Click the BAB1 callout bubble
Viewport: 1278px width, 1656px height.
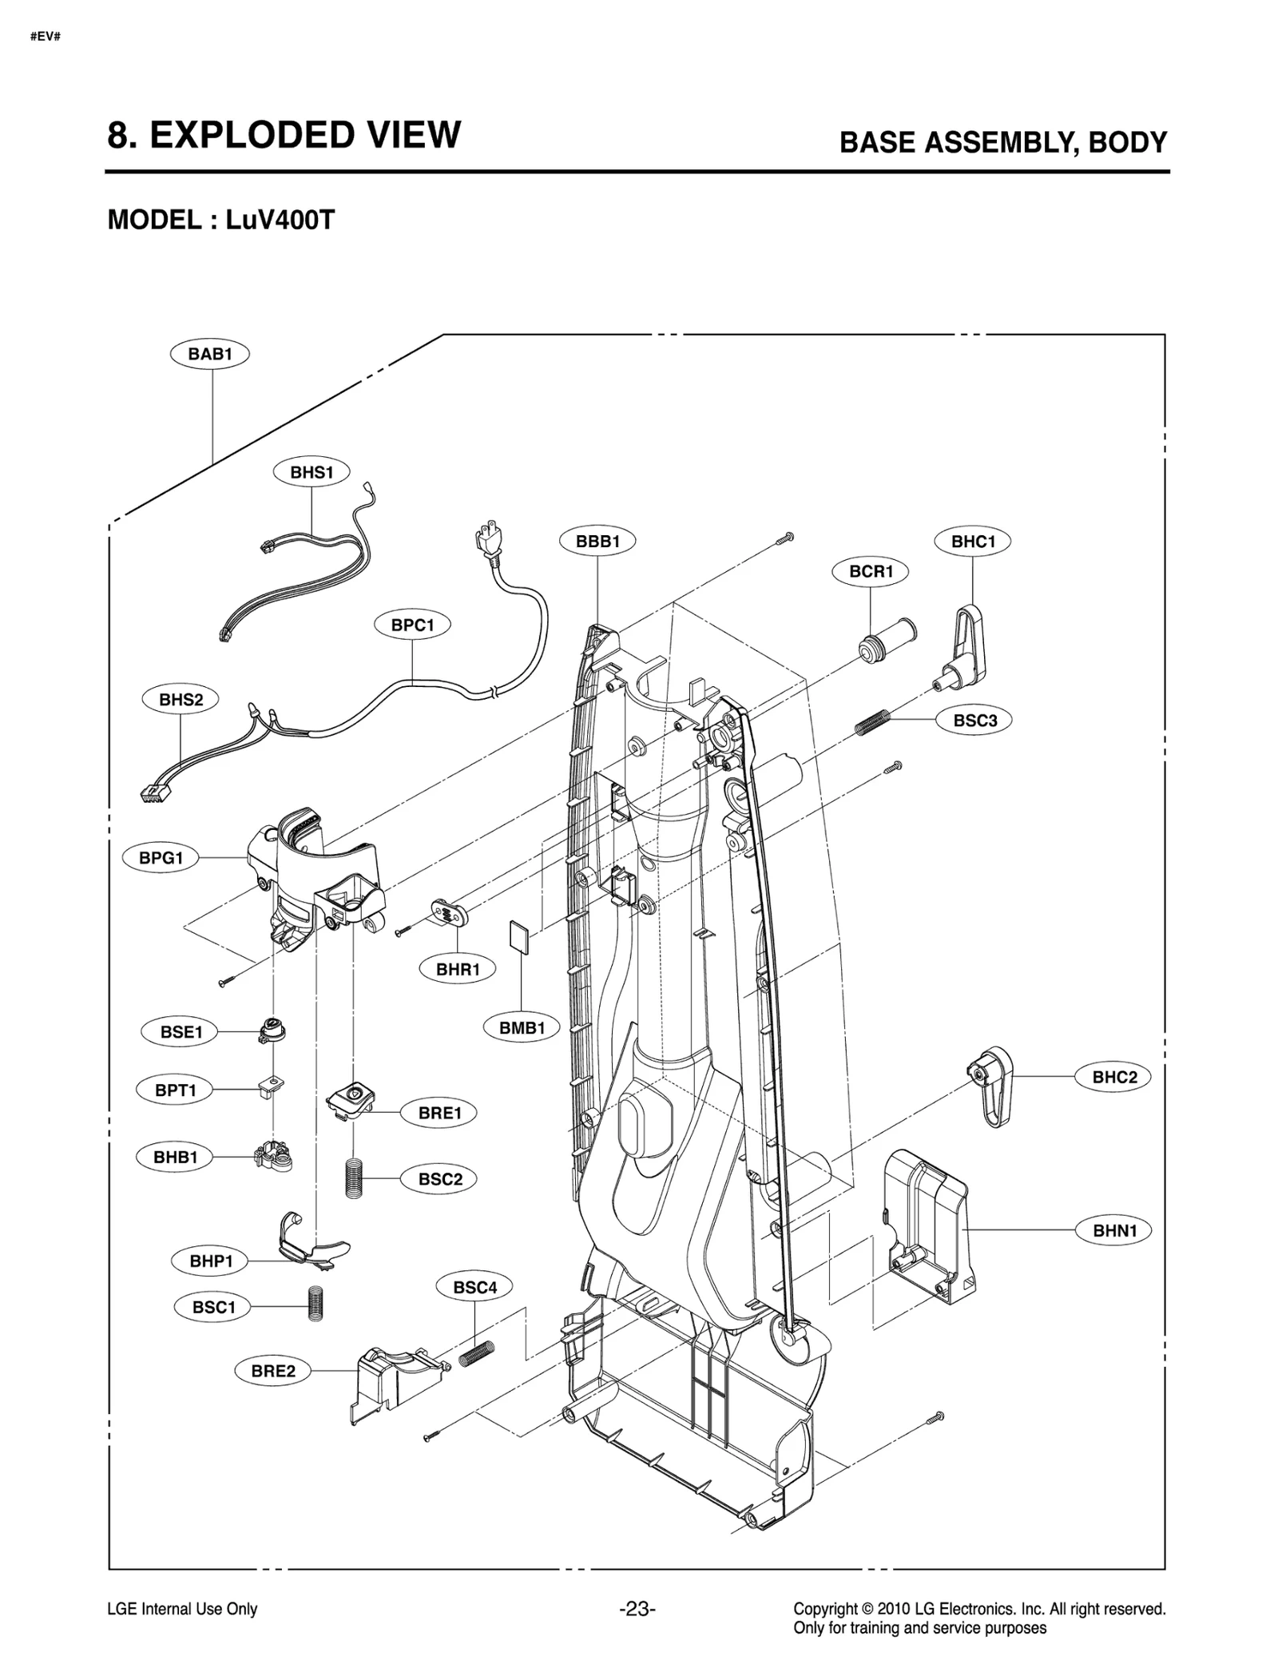[x=209, y=354]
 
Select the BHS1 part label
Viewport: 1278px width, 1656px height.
[x=312, y=472]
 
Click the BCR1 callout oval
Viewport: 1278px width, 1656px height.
[x=871, y=571]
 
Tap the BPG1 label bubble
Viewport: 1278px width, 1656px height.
[x=161, y=858]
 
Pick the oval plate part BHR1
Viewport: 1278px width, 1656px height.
[x=448, y=911]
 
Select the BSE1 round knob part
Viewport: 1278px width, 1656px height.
[x=272, y=1030]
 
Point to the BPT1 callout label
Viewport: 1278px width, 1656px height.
[x=176, y=1090]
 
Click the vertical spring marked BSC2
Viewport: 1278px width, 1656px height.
[x=354, y=1177]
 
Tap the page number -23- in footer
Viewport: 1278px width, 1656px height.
[x=637, y=1609]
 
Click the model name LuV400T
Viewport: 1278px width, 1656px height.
[x=280, y=220]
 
